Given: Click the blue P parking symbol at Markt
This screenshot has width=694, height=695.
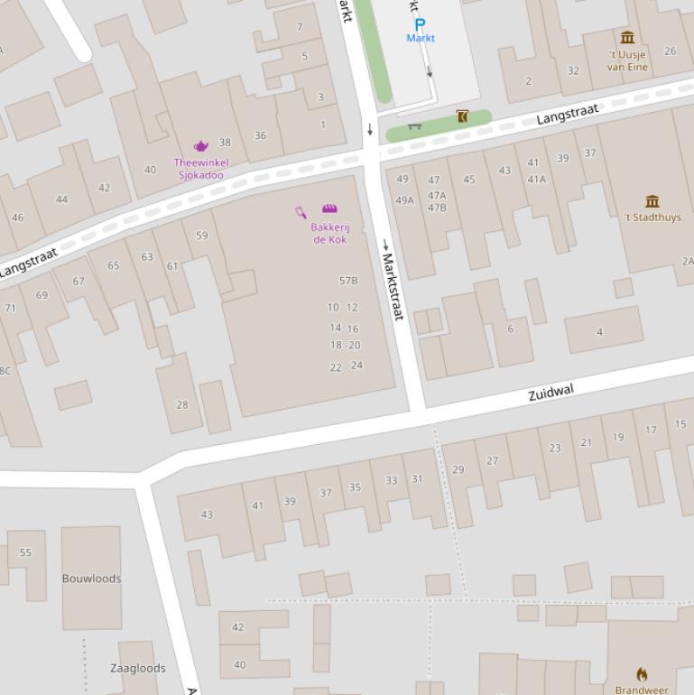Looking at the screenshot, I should click(420, 24).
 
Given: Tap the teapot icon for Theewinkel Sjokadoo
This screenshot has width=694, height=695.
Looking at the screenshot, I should click(200, 146).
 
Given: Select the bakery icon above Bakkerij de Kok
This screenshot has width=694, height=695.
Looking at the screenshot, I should click(329, 208).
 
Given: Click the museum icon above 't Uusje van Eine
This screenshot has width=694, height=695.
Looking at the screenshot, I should click(627, 37).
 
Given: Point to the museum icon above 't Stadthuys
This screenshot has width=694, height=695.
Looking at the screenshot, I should click(652, 200).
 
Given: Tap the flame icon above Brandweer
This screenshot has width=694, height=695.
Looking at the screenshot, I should click(642, 674).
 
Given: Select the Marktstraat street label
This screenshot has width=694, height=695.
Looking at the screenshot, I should click(393, 285).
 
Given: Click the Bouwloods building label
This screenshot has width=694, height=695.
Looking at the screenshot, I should click(91, 579).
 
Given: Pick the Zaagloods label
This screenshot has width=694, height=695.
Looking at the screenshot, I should click(138, 668).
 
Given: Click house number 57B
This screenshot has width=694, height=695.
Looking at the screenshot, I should click(348, 281).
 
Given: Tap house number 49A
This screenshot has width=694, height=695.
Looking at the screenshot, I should click(404, 200).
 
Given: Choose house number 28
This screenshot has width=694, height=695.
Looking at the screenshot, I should click(182, 404).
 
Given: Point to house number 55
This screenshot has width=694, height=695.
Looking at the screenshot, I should click(25, 552).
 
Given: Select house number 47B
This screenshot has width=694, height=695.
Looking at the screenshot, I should click(437, 208).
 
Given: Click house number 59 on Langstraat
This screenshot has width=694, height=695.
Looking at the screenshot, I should click(201, 236).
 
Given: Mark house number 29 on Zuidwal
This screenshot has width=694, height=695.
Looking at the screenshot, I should click(458, 469).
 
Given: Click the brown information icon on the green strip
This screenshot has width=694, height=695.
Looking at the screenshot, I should click(462, 116).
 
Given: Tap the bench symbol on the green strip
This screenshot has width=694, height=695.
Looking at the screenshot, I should click(415, 126).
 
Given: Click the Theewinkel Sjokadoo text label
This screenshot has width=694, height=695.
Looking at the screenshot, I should click(200, 169).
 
